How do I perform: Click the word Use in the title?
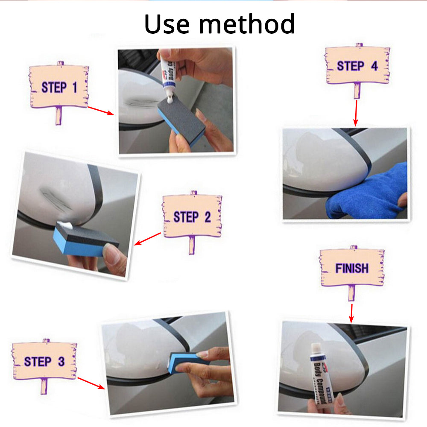[x=168, y=24]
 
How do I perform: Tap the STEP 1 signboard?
[x=59, y=87]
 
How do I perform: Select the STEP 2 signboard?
[x=192, y=216]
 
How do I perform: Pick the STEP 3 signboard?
[x=44, y=361]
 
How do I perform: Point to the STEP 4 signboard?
[x=357, y=66]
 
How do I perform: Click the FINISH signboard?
[x=352, y=268]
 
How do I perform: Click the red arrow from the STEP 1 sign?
[x=101, y=111]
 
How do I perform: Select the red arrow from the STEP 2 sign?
[x=148, y=239]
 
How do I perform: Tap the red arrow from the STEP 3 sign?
[x=91, y=383]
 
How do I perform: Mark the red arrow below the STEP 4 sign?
[x=356, y=113]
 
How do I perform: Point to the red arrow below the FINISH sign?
[x=351, y=313]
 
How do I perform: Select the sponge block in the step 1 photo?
[x=181, y=120]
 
